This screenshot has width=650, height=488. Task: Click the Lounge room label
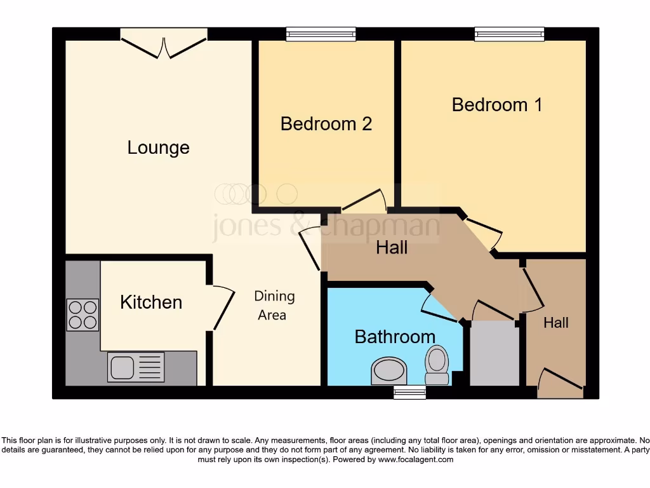(158, 147)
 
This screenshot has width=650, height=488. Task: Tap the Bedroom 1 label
(497, 104)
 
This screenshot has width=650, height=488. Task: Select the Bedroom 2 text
(326, 123)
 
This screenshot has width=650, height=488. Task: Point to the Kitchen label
(151, 302)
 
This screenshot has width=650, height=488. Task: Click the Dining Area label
(274, 305)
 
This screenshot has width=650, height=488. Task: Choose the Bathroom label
(395, 336)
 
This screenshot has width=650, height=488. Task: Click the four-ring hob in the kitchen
(83, 315)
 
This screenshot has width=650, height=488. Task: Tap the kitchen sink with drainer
(134, 367)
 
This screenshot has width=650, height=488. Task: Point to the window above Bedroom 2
(321, 34)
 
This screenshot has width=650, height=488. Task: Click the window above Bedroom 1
(509, 34)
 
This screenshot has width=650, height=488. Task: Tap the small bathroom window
(409, 393)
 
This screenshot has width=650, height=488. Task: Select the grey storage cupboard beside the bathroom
(494, 353)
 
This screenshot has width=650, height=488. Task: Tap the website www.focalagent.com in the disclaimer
(416, 459)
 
